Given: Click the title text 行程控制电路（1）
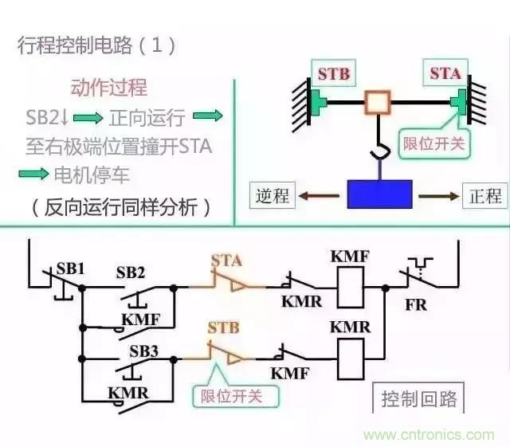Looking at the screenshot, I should (96, 45).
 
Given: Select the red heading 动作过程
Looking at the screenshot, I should (109, 88).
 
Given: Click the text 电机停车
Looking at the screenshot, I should (91, 176).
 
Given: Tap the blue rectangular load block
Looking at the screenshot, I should (379, 194).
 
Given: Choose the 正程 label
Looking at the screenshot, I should (485, 195).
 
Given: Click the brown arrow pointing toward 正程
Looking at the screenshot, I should (439, 195).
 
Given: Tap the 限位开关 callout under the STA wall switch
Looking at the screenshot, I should (431, 143).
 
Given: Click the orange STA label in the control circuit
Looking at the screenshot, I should (226, 260).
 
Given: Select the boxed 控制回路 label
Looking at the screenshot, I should (419, 398).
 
